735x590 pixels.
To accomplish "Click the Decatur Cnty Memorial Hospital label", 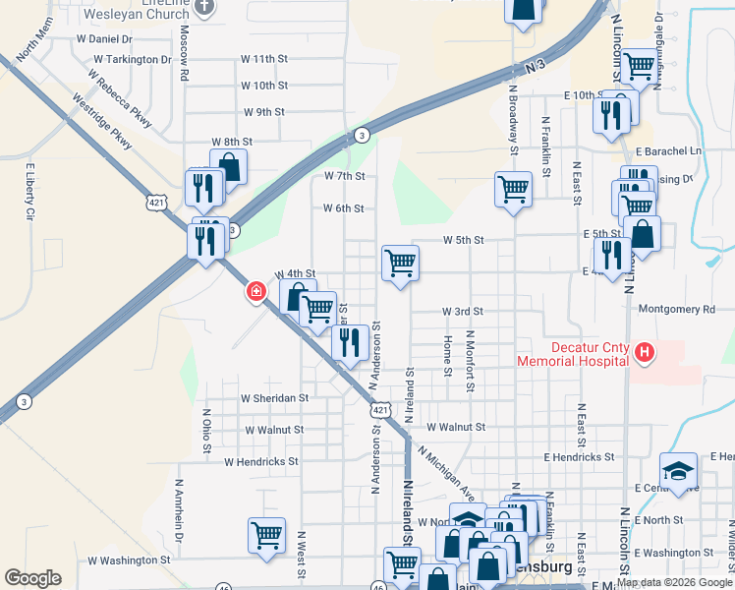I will click(575, 353).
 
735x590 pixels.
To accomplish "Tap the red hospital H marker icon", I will click(645, 352).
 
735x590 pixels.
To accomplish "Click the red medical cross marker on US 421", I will click(256, 291).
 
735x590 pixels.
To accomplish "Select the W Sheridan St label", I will click(275, 398).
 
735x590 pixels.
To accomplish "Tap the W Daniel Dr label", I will click(104, 39).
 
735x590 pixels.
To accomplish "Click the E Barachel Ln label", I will click(669, 151).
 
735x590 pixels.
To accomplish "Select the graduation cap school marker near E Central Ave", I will click(679, 468).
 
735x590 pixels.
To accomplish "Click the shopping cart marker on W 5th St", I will click(400, 263).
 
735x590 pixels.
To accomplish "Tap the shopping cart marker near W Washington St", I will click(266, 536).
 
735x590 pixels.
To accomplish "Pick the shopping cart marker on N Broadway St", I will click(514, 187).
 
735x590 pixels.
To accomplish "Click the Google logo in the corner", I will click(33, 578).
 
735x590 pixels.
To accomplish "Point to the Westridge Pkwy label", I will click(102, 123).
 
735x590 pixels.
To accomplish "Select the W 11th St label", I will click(263, 59).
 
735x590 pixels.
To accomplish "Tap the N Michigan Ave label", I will click(444, 471).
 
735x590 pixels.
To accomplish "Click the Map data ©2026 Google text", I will click(674, 581).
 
